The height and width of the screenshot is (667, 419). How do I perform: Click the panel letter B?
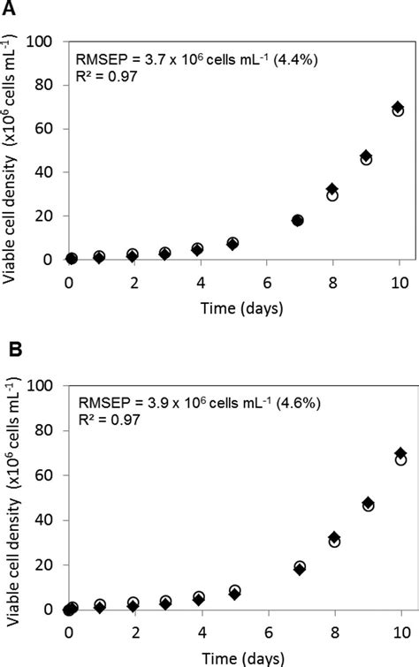click(x=11, y=351)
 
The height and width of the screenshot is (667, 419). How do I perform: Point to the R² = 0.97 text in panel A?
click(x=106, y=79)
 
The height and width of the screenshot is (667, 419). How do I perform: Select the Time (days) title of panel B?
click(x=234, y=656)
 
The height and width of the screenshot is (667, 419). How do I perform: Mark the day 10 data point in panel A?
click(x=399, y=110)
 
